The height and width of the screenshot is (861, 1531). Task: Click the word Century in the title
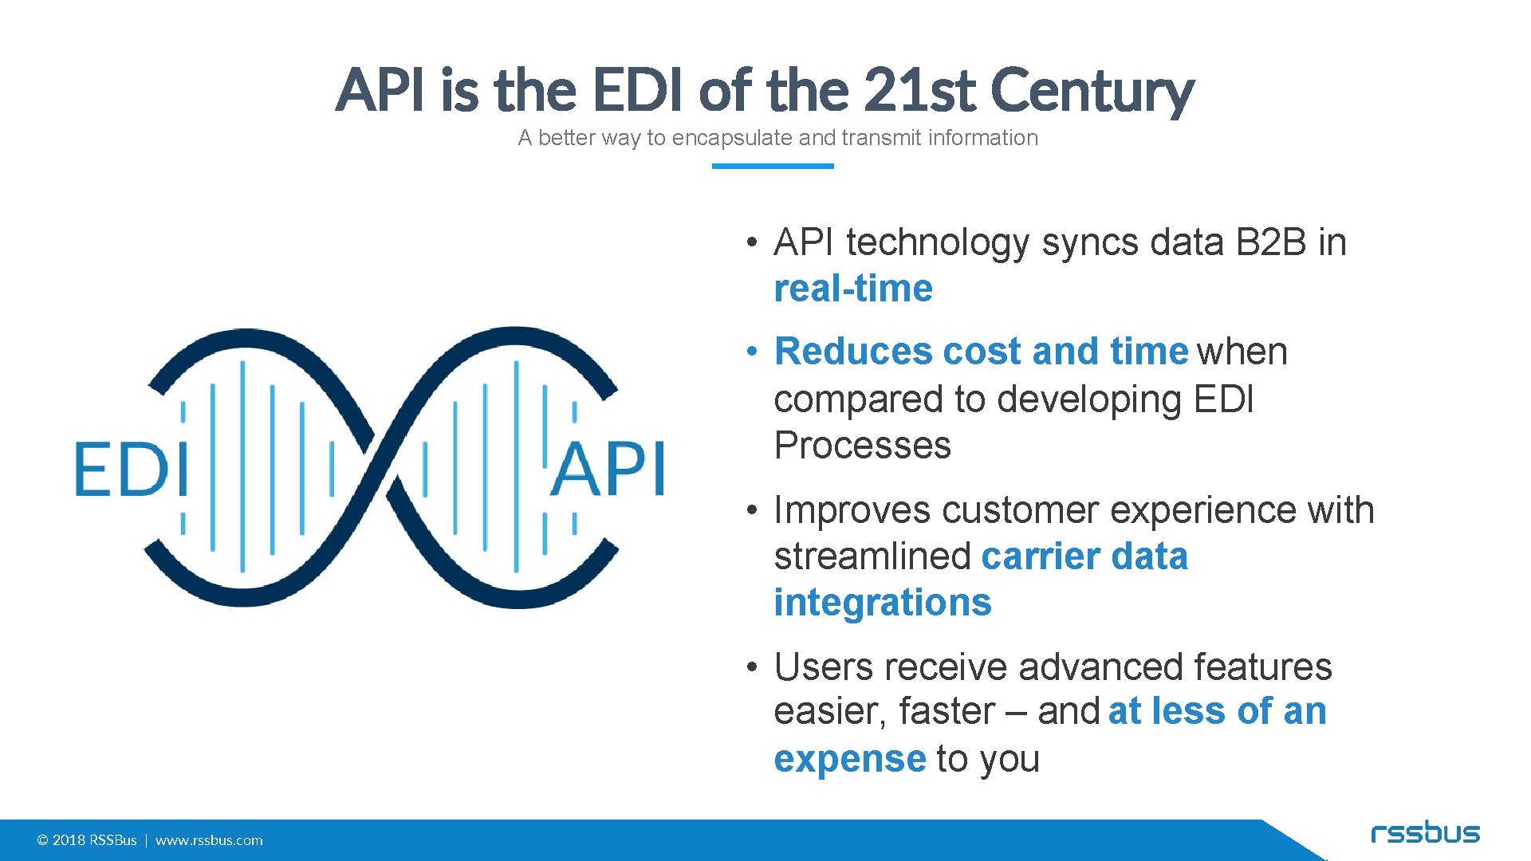tap(1092, 90)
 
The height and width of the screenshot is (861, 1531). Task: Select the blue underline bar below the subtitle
tap(772, 166)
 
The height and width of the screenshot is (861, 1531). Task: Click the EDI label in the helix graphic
tap(131, 470)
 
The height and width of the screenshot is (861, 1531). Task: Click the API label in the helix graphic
tap(608, 470)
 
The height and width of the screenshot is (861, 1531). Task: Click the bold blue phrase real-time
tap(852, 289)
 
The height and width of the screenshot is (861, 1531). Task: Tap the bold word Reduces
tap(852, 352)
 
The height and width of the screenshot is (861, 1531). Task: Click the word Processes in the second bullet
tap(862, 445)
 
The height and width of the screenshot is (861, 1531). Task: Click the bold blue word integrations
tap(882, 603)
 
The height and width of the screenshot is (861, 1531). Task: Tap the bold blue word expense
tap(849, 759)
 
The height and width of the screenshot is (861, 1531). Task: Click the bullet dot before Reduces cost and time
tap(751, 352)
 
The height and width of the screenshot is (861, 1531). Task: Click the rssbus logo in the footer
tap(1425, 834)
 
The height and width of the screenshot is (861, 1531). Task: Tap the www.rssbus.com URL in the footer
tap(209, 840)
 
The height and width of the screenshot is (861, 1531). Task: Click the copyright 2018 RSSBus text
tap(87, 840)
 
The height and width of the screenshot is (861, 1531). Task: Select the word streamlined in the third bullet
tap(872, 556)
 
